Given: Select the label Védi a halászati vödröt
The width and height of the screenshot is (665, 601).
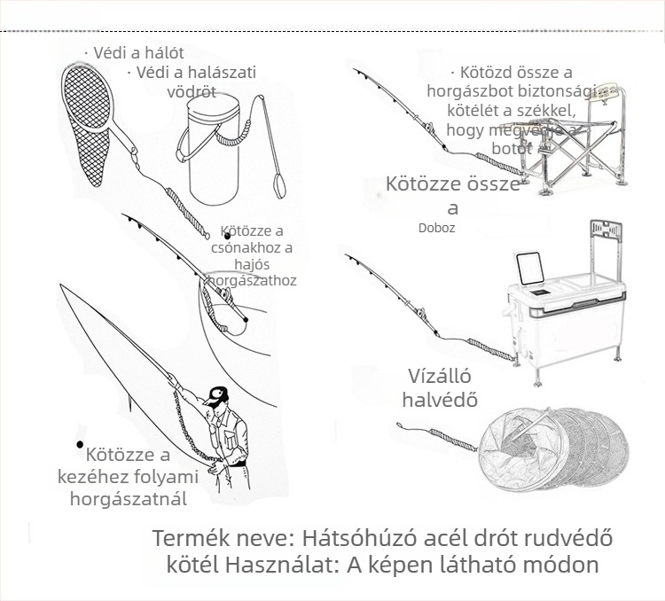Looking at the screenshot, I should pos(195,82).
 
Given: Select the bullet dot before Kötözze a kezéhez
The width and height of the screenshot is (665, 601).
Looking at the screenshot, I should pos(80,444).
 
